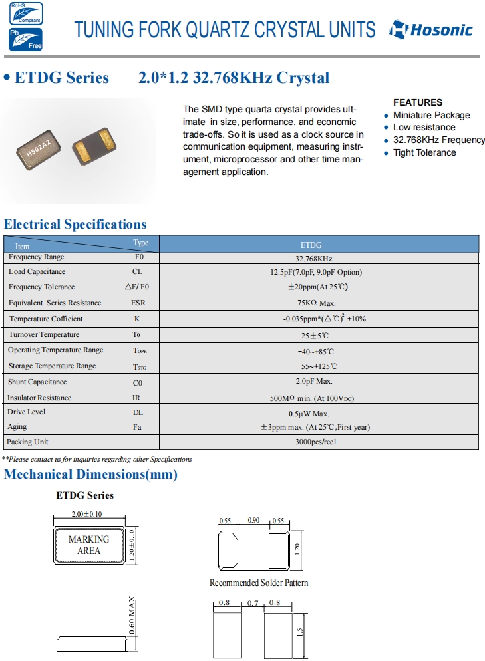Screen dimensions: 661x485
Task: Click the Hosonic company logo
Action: pyautogui.click(x=431, y=29)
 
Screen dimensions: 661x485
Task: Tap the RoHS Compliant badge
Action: pyautogui.click(x=25, y=13)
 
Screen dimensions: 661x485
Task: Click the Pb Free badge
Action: pyautogui.click(x=25, y=39)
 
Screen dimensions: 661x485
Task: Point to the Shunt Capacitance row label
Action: pyautogui.click(x=37, y=382)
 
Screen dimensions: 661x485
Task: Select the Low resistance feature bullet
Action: pyautogui.click(x=424, y=127)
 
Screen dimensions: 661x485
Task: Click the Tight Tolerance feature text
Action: pyautogui.click(x=424, y=152)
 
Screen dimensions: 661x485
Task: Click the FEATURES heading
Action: pyautogui.click(x=418, y=102)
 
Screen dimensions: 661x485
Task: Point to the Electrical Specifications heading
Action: pyautogui.click(x=75, y=224)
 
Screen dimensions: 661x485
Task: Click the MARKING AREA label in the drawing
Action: pyautogui.click(x=88, y=545)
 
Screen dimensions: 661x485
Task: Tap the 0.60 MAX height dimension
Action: pyautogui.click(x=132, y=616)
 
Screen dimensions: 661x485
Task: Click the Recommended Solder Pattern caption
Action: pyautogui.click(x=259, y=583)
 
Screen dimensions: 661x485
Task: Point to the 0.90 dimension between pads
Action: pyautogui.click(x=253, y=521)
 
